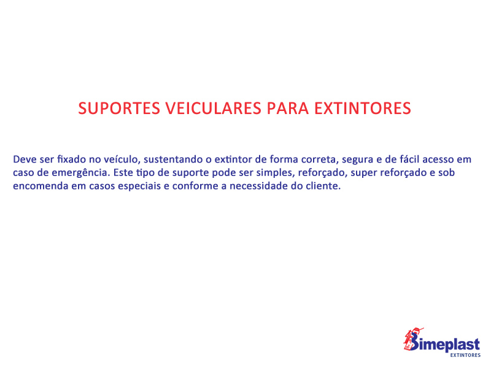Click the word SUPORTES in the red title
click(119, 109)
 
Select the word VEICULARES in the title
click(213, 109)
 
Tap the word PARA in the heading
click(288, 109)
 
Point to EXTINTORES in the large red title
click(363, 109)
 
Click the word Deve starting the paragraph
click(25, 159)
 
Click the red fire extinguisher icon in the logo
click(412, 339)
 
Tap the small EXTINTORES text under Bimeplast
click(465, 355)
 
